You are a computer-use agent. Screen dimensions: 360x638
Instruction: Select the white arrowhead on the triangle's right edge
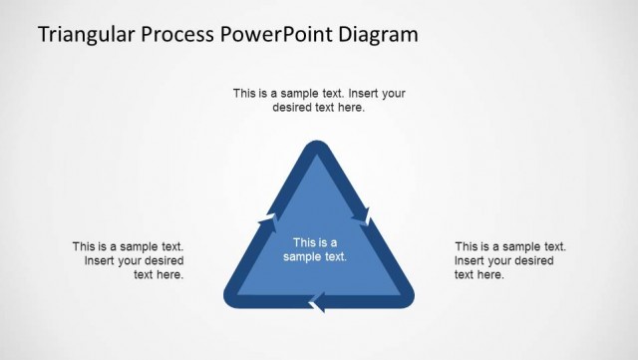367,214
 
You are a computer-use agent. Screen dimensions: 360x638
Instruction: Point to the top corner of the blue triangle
317,150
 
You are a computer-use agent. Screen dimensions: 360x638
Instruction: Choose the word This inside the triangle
304,242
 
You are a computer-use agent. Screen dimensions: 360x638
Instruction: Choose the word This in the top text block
245,94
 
